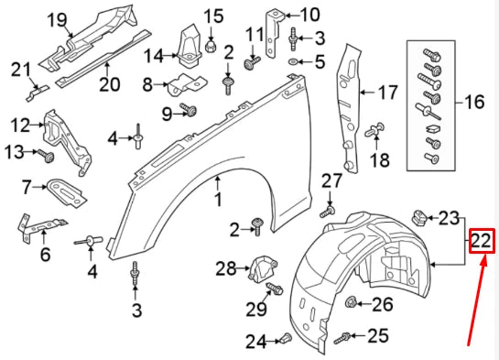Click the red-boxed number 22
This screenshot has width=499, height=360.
click(482, 242)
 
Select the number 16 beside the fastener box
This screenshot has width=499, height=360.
click(472, 102)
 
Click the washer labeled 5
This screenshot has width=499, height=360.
click(292, 62)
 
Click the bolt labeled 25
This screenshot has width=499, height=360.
click(342, 337)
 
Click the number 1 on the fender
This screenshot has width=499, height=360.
click(218, 199)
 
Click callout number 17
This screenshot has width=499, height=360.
click(388, 91)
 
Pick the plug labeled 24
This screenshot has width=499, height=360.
click(282, 340)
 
